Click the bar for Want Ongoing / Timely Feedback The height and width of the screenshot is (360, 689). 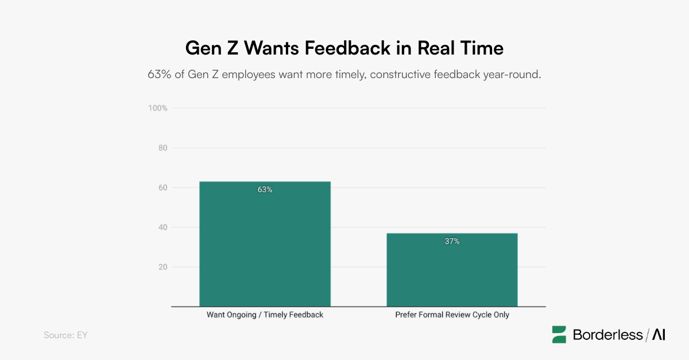click(265, 244)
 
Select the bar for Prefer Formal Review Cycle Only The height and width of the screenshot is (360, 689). click(452, 270)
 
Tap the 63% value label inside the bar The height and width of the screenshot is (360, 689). click(265, 189)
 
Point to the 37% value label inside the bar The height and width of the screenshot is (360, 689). click(452, 241)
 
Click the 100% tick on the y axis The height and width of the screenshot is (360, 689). click(158, 108)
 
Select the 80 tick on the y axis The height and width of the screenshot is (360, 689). click(162, 148)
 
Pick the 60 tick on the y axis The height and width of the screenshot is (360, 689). click(162, 187)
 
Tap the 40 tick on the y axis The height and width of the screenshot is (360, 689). click(162, 227)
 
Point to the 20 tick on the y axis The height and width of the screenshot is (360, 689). click(162, 267)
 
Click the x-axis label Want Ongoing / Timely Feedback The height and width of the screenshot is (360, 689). click(265, 315)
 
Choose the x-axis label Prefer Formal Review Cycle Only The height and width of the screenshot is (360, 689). click(452, 315)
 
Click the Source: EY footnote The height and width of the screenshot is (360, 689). click(65, 335)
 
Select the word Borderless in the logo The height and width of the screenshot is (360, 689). click(607, 335)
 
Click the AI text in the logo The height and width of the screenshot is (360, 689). click(659, 335)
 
